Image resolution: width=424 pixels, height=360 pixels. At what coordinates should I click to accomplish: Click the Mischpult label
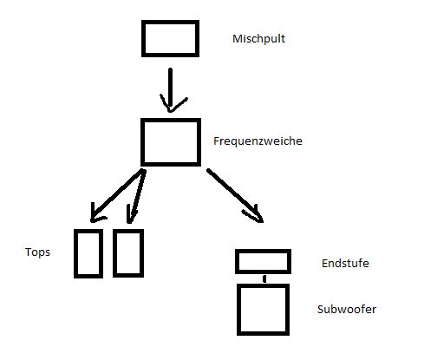pyautogui.click(x=258, y=39)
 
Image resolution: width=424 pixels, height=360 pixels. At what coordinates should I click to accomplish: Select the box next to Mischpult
pyautogui.click(x=170, y=22)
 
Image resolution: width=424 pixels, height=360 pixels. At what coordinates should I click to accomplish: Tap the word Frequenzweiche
pyautogui.click(x=258, y=141)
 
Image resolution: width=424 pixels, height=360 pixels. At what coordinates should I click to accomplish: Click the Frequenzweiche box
pyautogui.click(x=171, y=120)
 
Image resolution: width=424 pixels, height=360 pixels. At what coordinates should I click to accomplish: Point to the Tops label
pyautogui.click(x=37, y=252)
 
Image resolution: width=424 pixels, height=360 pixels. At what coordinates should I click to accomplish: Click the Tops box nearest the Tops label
pyautogui.click(x=75, y=253)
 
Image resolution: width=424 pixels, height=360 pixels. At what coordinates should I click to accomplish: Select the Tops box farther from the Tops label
pyautogui.click(x=114, y=253)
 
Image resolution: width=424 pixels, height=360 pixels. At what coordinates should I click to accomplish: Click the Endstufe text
pyautogui.click(x=345, y=264)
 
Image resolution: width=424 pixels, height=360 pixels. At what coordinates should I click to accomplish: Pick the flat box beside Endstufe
pyautogui.click(x=263, y=251)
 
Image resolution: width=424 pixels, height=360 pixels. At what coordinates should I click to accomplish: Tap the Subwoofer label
pyautogui.click(x=347, y=310)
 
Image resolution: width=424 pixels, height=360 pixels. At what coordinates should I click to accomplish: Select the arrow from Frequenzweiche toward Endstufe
pyautogui.click(x=234, y=194)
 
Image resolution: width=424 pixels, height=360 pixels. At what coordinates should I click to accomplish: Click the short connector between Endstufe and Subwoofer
pyautogui.click(x=264, y=279)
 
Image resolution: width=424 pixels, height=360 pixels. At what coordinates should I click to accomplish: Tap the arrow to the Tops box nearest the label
pyautogui.click(x=118, y=196)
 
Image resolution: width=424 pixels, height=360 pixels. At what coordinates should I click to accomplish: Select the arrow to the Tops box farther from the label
pyautogui.click(x=137, y=197)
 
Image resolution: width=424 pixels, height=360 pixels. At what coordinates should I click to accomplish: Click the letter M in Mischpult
pyautogui.click(x=237, y=39)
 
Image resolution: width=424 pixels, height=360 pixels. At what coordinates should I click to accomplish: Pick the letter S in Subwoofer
pyautogui.click(x=320, y=310)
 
